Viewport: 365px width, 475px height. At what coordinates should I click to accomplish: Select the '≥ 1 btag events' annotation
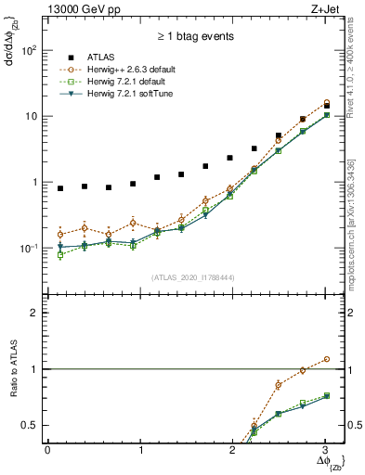click(x=195, y=37)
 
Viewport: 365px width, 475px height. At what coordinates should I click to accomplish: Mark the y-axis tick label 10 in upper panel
click(x=31, y=116)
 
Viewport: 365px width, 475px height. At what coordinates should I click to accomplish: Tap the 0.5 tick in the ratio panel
click(x=29, y=425)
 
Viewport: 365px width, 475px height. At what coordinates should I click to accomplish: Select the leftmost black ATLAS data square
click(x=60, y=188)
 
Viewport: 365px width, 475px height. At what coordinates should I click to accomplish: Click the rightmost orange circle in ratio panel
click(x=326, y=359)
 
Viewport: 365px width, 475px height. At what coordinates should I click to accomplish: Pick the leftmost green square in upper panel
click(x=60, y=254)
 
